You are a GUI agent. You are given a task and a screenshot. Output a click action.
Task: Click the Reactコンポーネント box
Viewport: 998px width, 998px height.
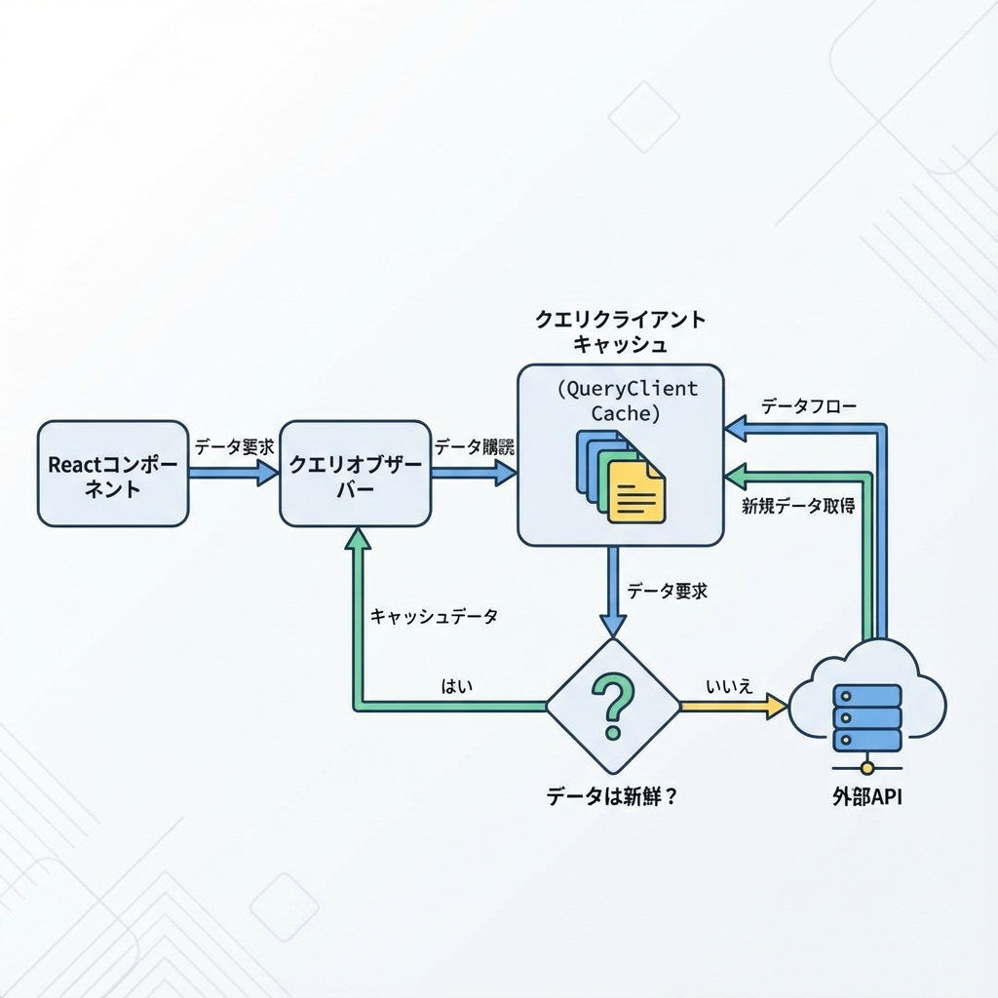pyautogui.click(x=112, y=475)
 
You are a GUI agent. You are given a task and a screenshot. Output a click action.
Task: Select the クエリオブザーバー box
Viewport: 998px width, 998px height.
pyautogui.click(x=355, y=475)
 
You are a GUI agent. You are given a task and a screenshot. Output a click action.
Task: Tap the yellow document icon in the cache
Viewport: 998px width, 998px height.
pyautogui.click(x=635, y=492)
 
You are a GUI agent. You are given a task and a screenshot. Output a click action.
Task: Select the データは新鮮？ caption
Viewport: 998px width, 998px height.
pyautogui.click(x=611, y=795)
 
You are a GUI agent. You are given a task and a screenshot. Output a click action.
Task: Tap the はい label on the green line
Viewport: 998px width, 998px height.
pyautogui.click(x=457, y=685)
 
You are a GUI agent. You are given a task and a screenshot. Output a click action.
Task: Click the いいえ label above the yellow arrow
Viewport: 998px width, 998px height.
pyautogui.click(x=730, y=685)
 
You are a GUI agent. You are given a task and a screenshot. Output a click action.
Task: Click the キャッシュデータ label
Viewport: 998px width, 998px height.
pyautogui.click(x=434, y=616)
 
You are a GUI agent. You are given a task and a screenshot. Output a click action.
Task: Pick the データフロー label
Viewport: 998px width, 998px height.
pyautogui.click(x=809, y=405)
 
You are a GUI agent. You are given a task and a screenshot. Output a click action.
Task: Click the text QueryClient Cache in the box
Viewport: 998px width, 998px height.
pyautogui.click(x=627, y=401)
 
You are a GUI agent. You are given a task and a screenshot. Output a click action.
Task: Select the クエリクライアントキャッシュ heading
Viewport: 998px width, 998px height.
pyautogui.click(x=620, y=331)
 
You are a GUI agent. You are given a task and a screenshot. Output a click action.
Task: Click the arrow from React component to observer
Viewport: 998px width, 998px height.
pyautogui.click(x=233, y=473)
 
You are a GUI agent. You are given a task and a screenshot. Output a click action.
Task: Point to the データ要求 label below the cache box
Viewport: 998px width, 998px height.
pyautogui.click(x=667, y=591)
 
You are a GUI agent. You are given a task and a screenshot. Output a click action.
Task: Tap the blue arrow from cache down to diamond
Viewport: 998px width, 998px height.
pyautogui.click(x=612, y=591)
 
